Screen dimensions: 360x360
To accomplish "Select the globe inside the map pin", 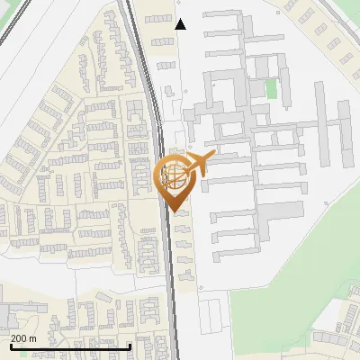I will pyautogui.click(x=175, y=176).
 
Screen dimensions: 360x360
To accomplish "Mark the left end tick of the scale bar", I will pyautogui.click(x=10, y=346).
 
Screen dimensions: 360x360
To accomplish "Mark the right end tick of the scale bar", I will pyautogui.click(x=130, y=346).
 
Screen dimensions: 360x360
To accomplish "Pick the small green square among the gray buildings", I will pyautogui.click(x=271, y=88).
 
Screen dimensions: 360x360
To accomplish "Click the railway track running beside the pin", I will pyautogui.click(x=169, y=261).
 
